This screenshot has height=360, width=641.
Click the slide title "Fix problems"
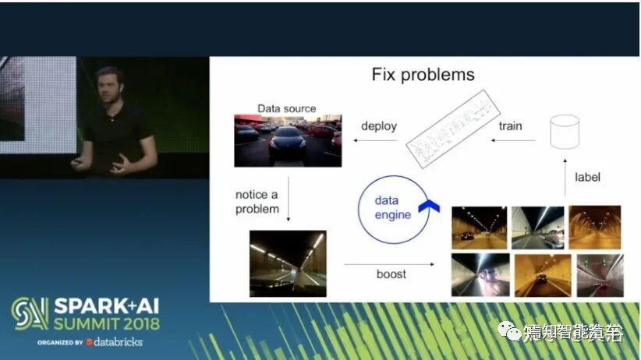423,76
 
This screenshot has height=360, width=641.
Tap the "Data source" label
287,108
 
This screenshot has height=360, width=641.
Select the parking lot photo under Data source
288,140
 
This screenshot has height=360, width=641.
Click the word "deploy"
379,125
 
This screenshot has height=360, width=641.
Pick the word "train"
510,125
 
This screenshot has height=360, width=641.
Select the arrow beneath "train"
513,141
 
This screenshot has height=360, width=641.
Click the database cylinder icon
565,132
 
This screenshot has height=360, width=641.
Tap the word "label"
588,177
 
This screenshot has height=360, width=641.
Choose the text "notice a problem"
257,201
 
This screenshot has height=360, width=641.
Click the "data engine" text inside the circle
392,208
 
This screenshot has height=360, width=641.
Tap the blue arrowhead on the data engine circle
427,204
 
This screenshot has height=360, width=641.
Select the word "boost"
392,274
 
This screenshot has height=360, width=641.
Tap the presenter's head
109,83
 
